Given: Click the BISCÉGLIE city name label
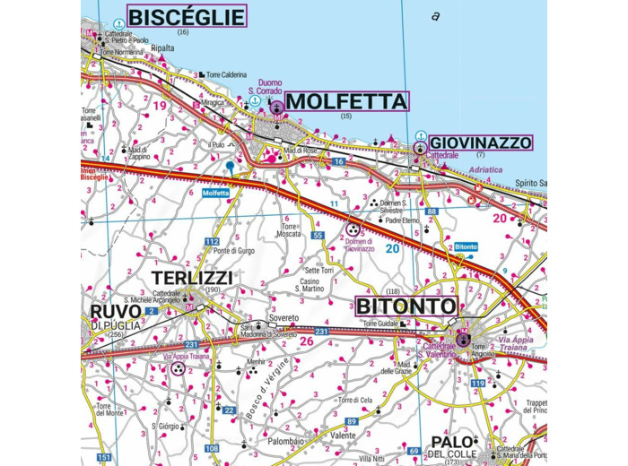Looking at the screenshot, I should tap(187, 16).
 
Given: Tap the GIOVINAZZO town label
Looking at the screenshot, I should tap(480, 142).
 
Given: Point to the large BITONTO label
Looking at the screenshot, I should tap(406, 306).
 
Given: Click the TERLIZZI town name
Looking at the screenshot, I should tap(192, 278).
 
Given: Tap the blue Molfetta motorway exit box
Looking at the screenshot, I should tap(216, 193).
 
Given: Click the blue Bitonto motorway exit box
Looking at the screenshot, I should tap(466, 246).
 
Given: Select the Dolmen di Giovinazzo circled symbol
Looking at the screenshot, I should tap(353, 229).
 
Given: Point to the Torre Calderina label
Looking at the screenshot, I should tap(225, 74).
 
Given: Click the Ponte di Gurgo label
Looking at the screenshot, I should tap(234, 250).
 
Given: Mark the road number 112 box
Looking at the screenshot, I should tap(212, 242).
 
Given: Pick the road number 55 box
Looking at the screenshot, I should tap(318, 235).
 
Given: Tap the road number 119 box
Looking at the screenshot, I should tap(477, 384).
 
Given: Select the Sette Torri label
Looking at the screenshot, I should tap(319, 270).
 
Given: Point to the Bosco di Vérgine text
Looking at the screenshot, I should tap(258, 385).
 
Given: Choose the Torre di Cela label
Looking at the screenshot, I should tap(353, 400).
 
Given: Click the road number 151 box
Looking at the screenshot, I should tap(105, 458).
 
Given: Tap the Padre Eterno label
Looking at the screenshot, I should tap(403, 220).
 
